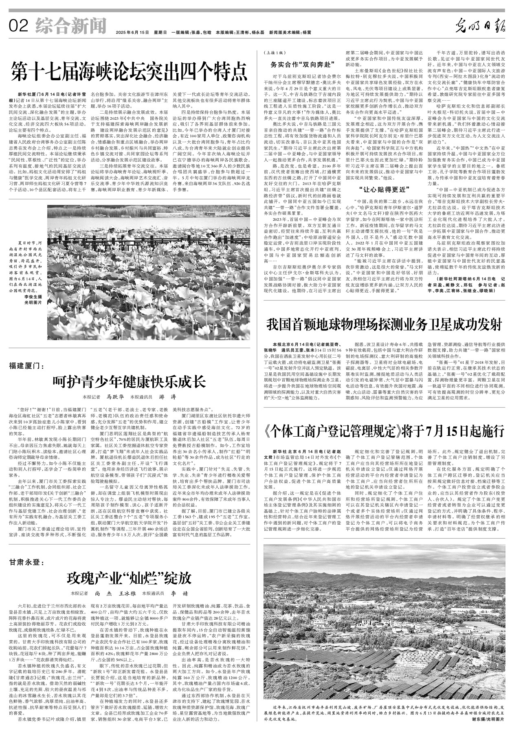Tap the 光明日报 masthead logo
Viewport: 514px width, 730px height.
coord(480,27)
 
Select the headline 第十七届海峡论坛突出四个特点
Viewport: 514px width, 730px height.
coord(129,72)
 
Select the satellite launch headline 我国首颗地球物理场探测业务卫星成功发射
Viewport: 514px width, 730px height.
coord(384,325)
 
